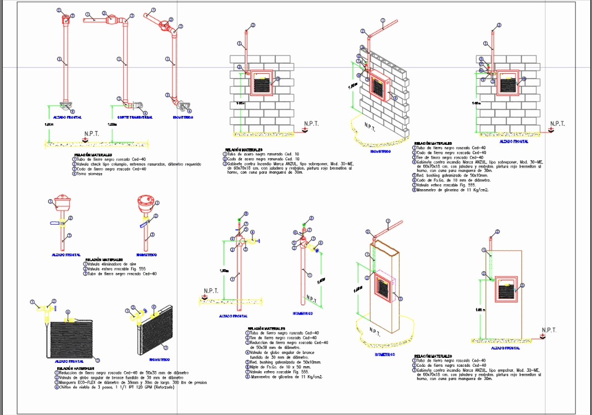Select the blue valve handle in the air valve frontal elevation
point(54,222)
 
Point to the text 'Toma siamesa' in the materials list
point(87,174)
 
